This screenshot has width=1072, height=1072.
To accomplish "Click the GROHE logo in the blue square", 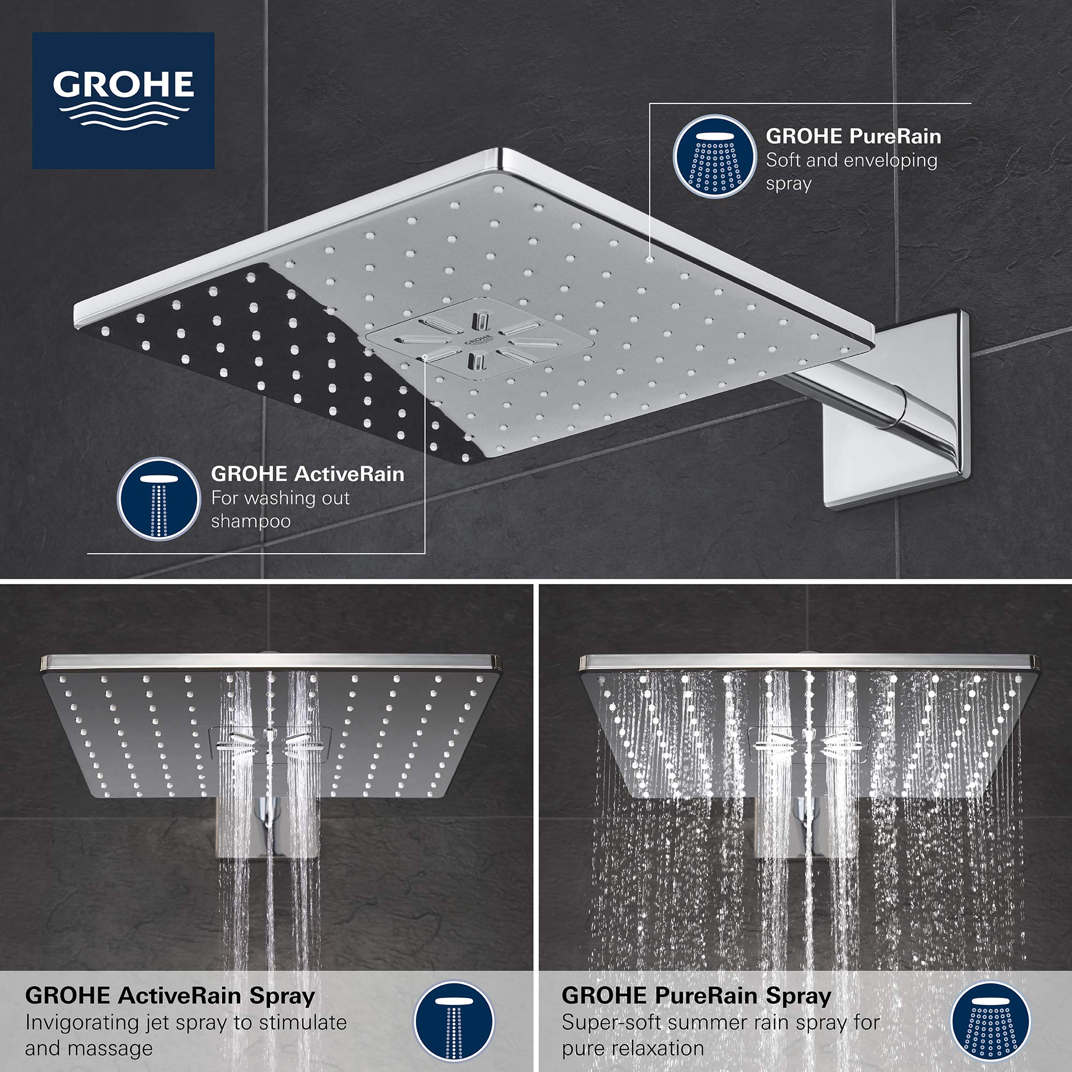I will coord(123,100).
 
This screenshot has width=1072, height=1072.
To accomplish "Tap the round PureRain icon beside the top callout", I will coord(714,157).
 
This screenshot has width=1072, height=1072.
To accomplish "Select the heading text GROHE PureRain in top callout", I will coord(853,137).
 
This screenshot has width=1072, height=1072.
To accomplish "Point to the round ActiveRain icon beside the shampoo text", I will coord(159,498).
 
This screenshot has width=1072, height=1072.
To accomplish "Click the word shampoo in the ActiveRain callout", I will coord(251,522).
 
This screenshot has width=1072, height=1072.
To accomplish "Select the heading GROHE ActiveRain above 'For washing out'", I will coord(307,474).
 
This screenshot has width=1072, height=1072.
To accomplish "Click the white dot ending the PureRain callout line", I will coord(650,258).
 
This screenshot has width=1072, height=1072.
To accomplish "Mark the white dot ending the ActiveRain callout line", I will coord(425,357).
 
